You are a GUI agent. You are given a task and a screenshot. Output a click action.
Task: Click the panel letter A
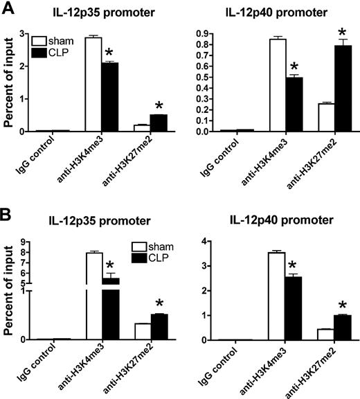point(8,9)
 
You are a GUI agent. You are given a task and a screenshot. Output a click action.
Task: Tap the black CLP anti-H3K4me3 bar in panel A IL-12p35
point(110,96)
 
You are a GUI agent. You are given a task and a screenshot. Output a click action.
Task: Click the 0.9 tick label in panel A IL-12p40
point(223,33)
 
